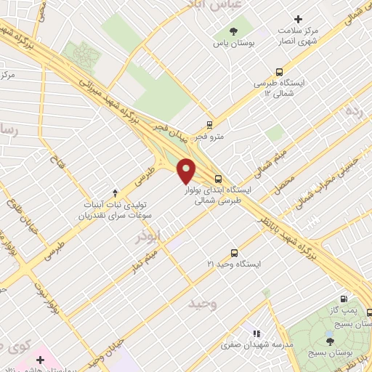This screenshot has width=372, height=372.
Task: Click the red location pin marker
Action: [x=187, y=170]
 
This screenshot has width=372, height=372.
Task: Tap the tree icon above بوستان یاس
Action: [x=233, y=31]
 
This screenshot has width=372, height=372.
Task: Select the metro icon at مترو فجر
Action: [x=210, y=124]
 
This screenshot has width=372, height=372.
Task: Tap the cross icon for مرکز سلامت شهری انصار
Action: [x=296, y=19]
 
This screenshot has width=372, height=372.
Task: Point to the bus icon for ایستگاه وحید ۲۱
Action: [x=233, y=253]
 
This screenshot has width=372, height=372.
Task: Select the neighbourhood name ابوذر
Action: [x=149, y=238]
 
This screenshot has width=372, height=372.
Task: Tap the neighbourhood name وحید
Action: [x=201, y=303]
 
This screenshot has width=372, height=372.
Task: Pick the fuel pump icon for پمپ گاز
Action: [x=343, y=298]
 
